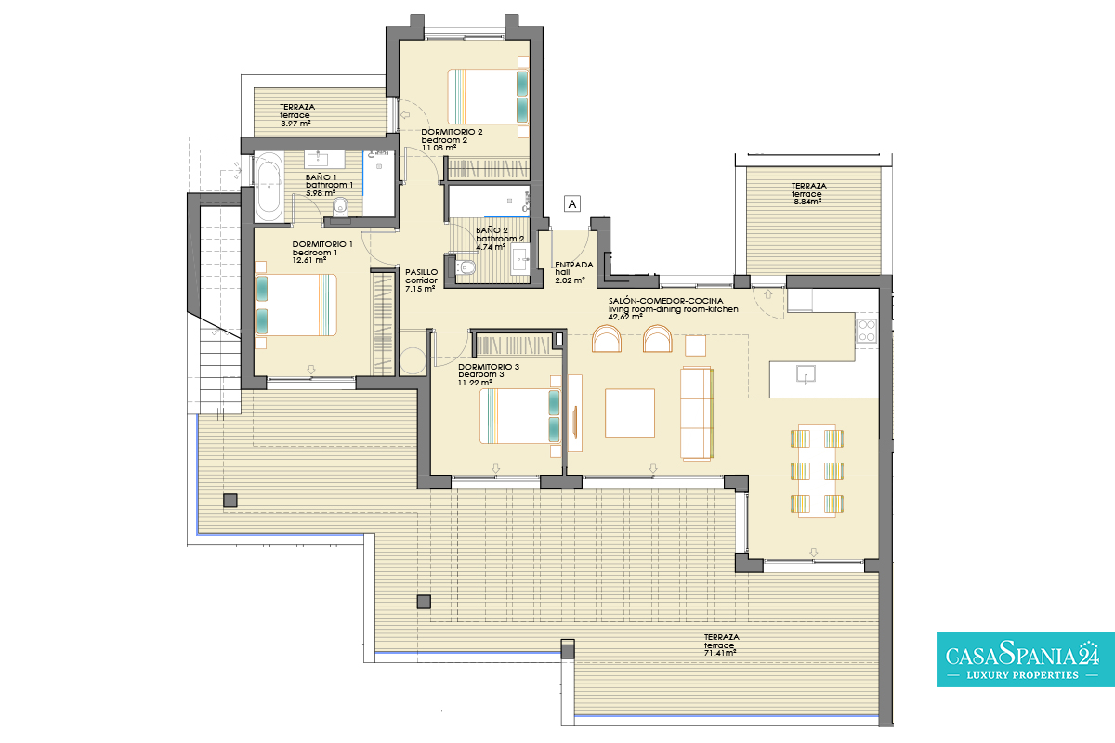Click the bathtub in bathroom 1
click(x=269, y=187)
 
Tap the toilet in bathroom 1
click(x=340, y=207)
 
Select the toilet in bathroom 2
click(x=464, y=268)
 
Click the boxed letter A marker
click(x=572, y=203)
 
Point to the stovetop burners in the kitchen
click(x=867, y=331)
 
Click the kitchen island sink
click(x=806, y=374)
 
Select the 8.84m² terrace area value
click(x=807, y=202)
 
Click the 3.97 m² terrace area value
click(x=295, y=124)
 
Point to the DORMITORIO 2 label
click(x=452, y=132)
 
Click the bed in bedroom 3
click(x=520, y=416)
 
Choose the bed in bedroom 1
click(x=296, y=305)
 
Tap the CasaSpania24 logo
click(x=1026, y=659)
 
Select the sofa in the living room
click(x=697, y=413)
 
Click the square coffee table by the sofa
click(x=630, y=413)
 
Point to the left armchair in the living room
click(x=607, y=339)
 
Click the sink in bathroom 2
click(x=520, y=259)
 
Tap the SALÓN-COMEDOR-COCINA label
click(x=666, y=301)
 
